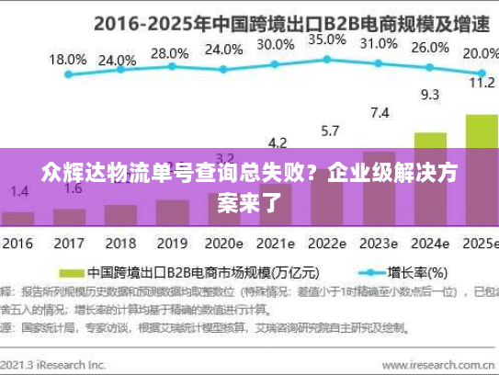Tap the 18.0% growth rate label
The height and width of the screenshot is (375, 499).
click(x=67, y=59)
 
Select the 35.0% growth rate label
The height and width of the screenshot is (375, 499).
click(x=327, y=40)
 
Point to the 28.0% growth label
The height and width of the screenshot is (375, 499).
click(x=168, y=53)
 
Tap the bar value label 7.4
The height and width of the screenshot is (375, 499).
click(x=379, y=113)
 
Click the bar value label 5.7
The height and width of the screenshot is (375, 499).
click(x=328, y=131)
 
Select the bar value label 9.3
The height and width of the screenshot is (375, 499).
click(x=429, y=94)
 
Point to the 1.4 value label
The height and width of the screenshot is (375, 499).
click(x=20, y=190)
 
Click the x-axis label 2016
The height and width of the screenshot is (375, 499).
click(x=17, y=244)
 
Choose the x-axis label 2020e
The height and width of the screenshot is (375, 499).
click(x=223, y=244)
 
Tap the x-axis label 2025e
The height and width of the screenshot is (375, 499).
click(x=478, y=244)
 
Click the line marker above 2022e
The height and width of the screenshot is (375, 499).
click(x=327, y=60)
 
